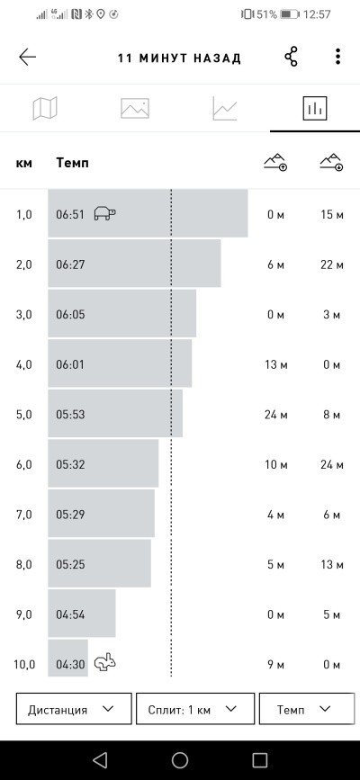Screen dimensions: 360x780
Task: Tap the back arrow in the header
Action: (x=27, y=58)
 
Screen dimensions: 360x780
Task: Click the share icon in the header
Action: (x=292, y=57)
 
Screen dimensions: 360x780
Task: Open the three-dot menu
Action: (x=338, y=57)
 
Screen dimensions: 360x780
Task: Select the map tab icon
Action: (x=45, y=108)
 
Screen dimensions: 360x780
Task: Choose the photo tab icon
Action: (x=135, y=108)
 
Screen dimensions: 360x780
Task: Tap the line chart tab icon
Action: (x=225, y=108)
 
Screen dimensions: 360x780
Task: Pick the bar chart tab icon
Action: (x=315, y=108)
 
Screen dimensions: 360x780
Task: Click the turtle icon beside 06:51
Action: (x=105, y=213)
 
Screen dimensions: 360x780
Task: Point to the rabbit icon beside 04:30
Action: (x=105, y=663)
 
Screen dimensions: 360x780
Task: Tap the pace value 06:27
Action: (x=70, y=264)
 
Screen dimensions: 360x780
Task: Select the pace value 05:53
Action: (x=70, y=415)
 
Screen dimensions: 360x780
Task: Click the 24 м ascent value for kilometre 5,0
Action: (x=276, y=415)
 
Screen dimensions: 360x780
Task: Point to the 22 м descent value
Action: (x=331, y=264)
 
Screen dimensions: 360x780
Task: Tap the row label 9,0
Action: (x=24, y=614)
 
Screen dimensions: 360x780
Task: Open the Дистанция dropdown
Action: (x=74, y=708)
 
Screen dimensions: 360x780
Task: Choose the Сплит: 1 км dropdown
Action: (x=195, y=708)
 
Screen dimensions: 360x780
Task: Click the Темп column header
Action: (x=73, y=163)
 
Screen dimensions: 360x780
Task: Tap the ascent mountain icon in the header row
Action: (x=275, y=162)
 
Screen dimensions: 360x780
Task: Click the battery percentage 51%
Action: (x=266, y=14)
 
